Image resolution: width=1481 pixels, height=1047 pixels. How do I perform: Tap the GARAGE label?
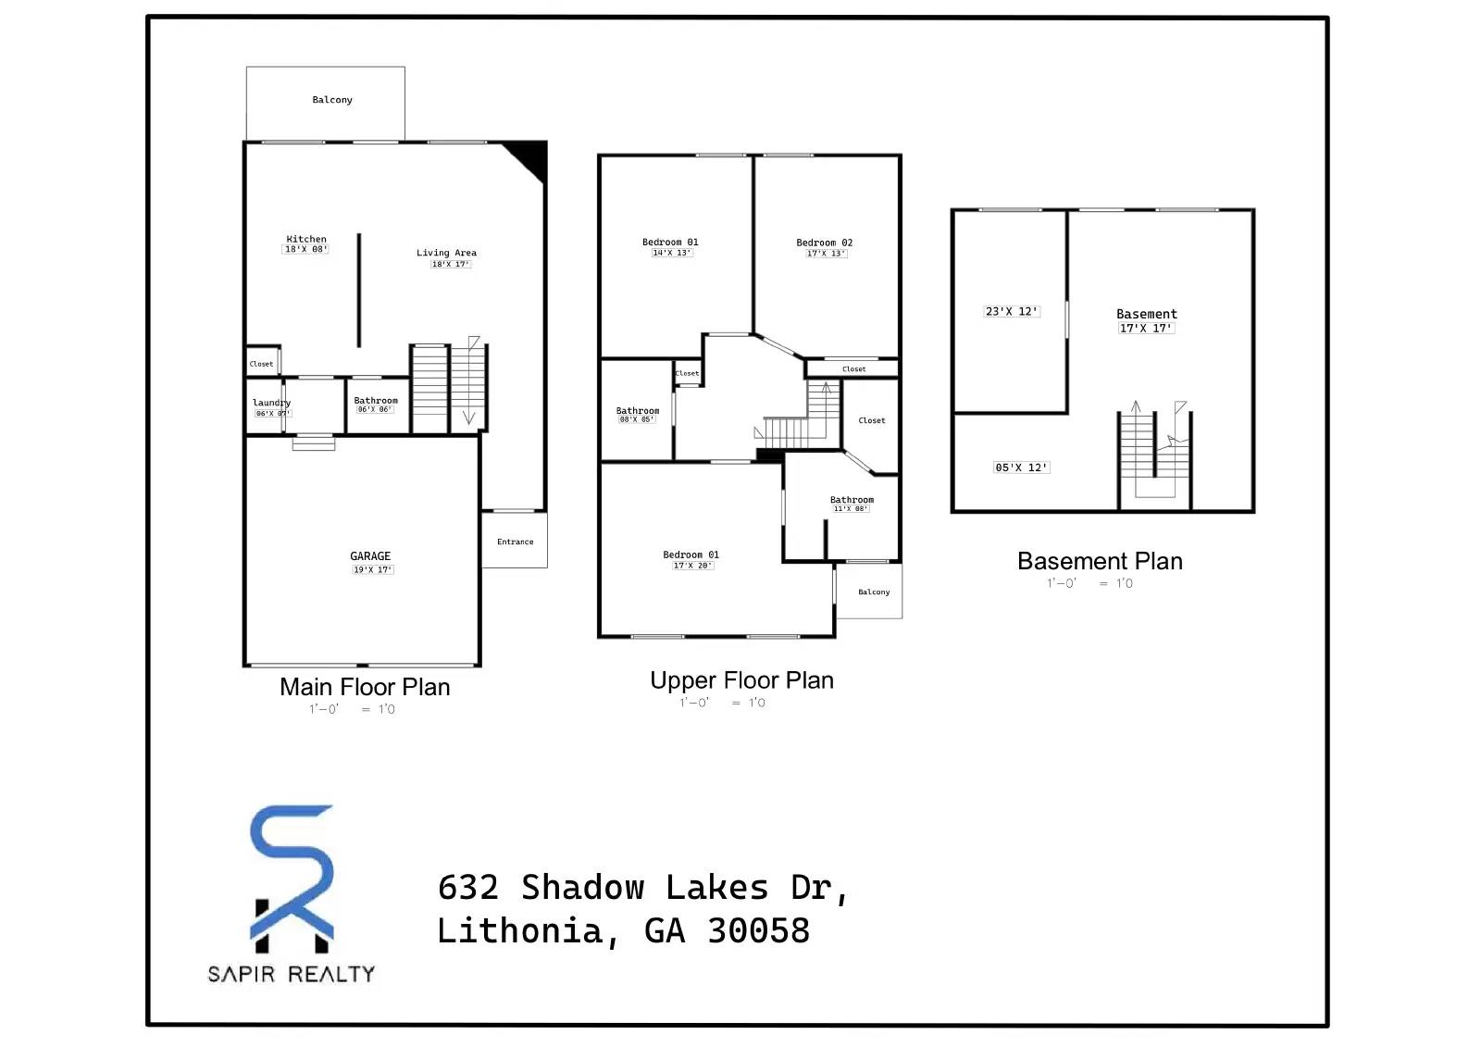(370, 556)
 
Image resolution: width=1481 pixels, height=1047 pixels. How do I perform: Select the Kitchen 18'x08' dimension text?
(305, 249)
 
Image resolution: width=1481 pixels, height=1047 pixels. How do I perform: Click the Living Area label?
(446, 253)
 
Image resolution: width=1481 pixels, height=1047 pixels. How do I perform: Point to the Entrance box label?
(515, 542)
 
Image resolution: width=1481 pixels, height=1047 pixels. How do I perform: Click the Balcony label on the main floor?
(332, 100)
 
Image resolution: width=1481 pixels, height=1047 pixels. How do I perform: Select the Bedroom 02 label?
(824, 243)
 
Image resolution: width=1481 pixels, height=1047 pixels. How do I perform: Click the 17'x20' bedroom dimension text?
(692, 566)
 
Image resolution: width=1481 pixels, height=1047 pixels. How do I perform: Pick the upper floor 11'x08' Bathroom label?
(852, 500)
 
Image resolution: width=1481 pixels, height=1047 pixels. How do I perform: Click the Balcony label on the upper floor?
(874, 592)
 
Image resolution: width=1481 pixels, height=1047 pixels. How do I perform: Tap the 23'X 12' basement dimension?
(1011, 312)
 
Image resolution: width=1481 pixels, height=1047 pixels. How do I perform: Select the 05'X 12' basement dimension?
(1021, 467)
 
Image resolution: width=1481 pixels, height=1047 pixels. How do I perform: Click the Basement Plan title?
(1100, 561)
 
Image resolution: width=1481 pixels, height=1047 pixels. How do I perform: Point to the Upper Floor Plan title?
(741, 680)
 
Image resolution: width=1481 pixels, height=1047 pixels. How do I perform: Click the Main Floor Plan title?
(365, 687)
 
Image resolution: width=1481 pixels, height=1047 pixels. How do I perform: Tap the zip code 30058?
(759, 930)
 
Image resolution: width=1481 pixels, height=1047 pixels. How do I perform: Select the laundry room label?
(271, 403)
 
